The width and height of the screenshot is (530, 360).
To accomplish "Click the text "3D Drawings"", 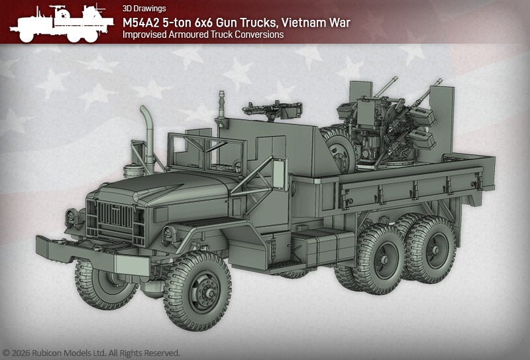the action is click(x=144, y=9).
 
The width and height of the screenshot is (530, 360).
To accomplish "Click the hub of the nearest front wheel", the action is click(x=205, y=291).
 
